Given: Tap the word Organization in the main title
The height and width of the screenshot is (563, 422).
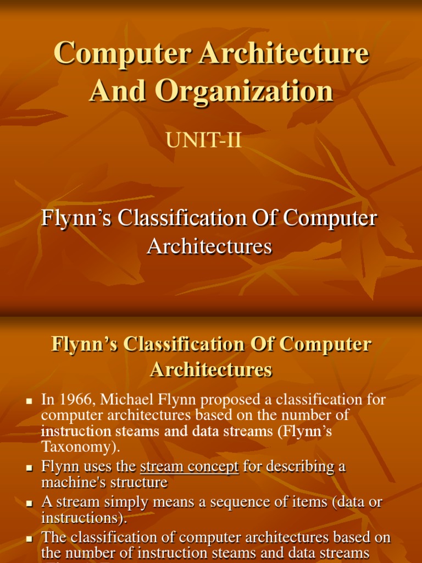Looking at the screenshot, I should pyautogui.click(x=244, y=91).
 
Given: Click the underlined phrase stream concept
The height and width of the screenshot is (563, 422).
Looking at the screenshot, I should pyautogui.click(x=190, y=467).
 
